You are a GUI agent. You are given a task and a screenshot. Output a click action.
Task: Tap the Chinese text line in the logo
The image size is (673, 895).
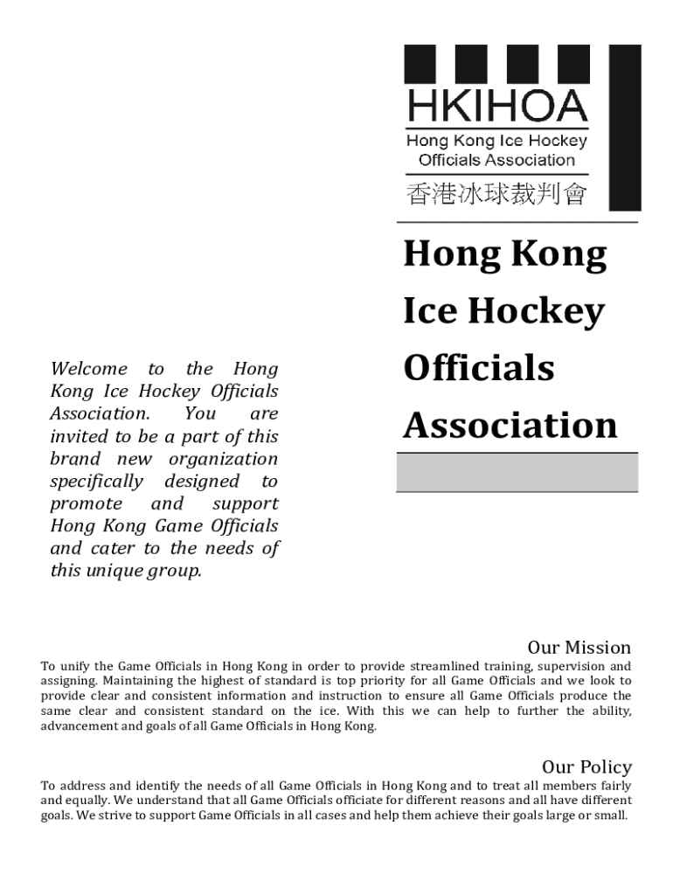click(x=495, y=193)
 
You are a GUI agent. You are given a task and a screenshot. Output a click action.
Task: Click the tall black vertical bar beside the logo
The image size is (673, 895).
click(x=625, y=128)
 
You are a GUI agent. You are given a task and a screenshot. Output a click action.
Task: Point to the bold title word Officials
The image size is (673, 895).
click(x=478, y=368)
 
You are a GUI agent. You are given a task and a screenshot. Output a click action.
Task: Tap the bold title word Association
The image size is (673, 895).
click(x=510, y=426)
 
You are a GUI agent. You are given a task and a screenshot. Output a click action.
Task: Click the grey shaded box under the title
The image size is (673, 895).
click(x=517, y=473)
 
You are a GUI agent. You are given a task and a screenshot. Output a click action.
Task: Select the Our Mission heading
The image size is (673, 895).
click(x=579, y=648)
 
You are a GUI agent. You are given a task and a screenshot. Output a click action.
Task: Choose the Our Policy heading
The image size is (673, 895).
click(x=586, y=767)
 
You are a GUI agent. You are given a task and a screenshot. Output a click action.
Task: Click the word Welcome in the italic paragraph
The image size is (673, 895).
click(x=88, y=369)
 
